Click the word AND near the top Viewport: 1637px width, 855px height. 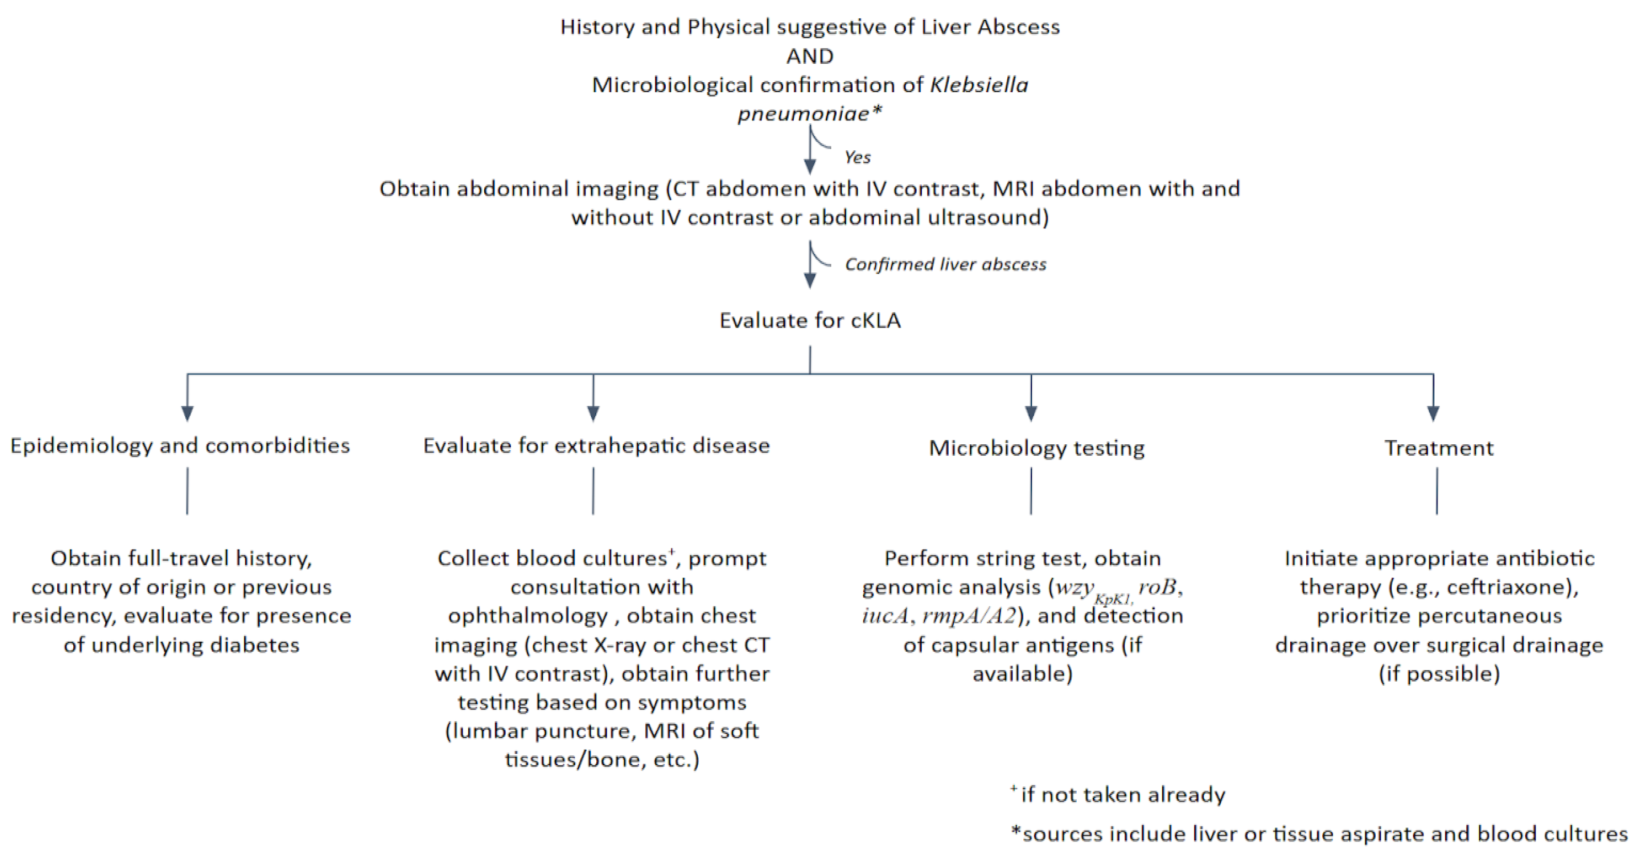810,56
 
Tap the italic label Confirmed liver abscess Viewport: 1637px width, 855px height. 945,264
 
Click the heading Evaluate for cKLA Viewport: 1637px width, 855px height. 810,320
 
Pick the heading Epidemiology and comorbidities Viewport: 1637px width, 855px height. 180,445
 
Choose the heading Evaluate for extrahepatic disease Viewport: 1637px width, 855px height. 596,445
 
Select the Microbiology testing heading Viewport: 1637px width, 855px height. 1037,448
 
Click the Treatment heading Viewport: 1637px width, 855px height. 1439,448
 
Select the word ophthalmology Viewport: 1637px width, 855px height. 527,615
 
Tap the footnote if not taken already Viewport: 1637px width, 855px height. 1122,795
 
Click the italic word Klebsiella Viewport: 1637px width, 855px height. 978,85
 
